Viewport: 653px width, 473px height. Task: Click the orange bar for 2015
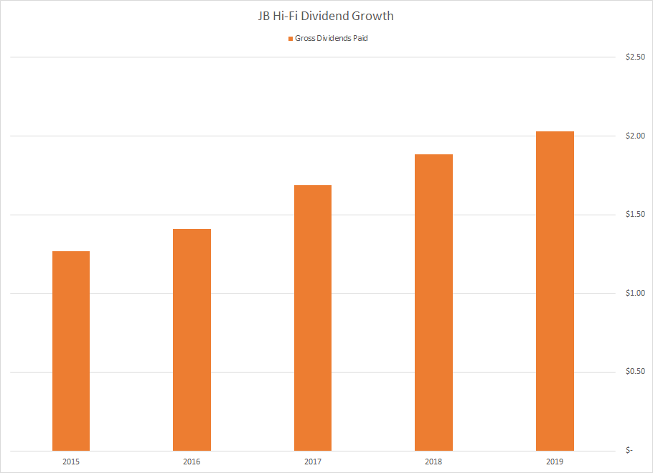tap(71, 351)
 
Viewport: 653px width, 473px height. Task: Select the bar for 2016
tap(192, 339)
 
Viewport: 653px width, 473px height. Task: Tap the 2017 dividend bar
tap(313, 318)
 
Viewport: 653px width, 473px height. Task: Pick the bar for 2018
tap(433, 302)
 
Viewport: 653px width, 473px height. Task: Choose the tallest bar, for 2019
tap(555, 291)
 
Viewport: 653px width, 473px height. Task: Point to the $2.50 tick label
tap(635, 57)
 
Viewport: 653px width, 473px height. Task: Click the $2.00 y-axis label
tap(635, 136)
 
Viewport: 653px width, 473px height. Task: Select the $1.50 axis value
tap(635, 215)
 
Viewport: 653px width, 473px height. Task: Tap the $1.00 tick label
tap(635, 293)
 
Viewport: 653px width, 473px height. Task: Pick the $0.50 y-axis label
tap(635, 372)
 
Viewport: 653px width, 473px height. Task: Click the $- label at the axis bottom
tap(629, 451)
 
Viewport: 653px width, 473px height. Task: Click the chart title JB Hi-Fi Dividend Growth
tap(326, 15)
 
